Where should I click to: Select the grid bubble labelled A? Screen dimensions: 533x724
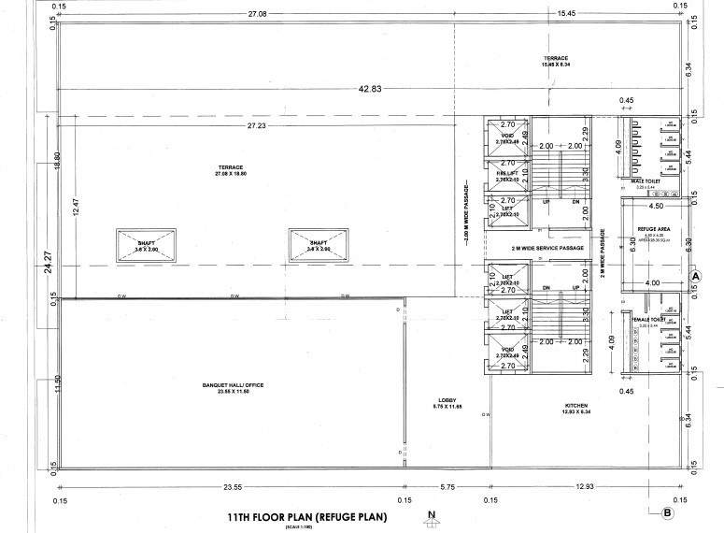(695, 276)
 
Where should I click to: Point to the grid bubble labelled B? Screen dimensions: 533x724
(666, 512)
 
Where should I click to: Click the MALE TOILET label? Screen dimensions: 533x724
(646, 182)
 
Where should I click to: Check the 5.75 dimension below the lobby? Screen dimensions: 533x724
(447, 487)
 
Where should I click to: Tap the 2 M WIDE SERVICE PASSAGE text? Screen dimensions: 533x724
(547, 248)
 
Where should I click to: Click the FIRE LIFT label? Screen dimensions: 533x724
(507, 174)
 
